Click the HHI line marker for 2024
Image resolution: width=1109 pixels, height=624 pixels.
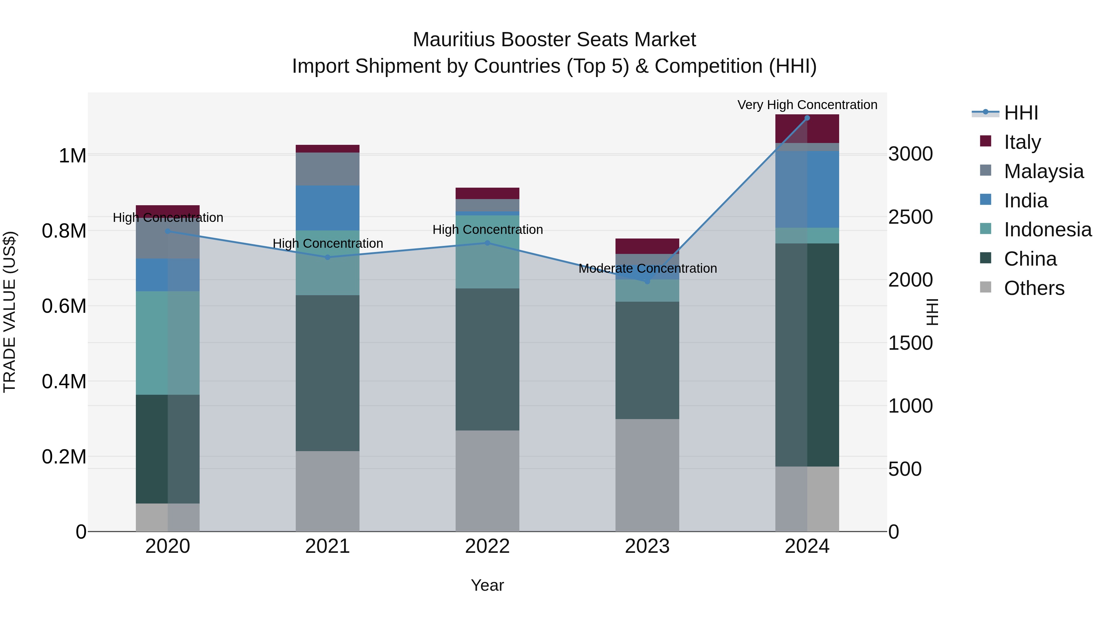(x=807, y=118)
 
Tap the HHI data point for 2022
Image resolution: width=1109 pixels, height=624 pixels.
(x=487, y=243)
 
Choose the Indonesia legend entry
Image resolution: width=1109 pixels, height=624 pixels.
(x=1047, y=230)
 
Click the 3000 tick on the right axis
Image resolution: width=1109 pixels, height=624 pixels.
(x=910, y=154)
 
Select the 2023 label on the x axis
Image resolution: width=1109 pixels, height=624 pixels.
(x=647, y=546)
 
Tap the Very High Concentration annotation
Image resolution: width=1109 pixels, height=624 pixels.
(x=807, y=105)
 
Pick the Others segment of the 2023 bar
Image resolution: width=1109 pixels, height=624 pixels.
(x=647, y=475)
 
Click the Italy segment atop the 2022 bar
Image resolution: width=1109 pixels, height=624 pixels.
(x=487, y=193)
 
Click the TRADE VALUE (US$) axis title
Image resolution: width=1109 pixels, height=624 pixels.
(x=10, y=312)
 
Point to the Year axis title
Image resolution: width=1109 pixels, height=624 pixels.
(x=487, y=585)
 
